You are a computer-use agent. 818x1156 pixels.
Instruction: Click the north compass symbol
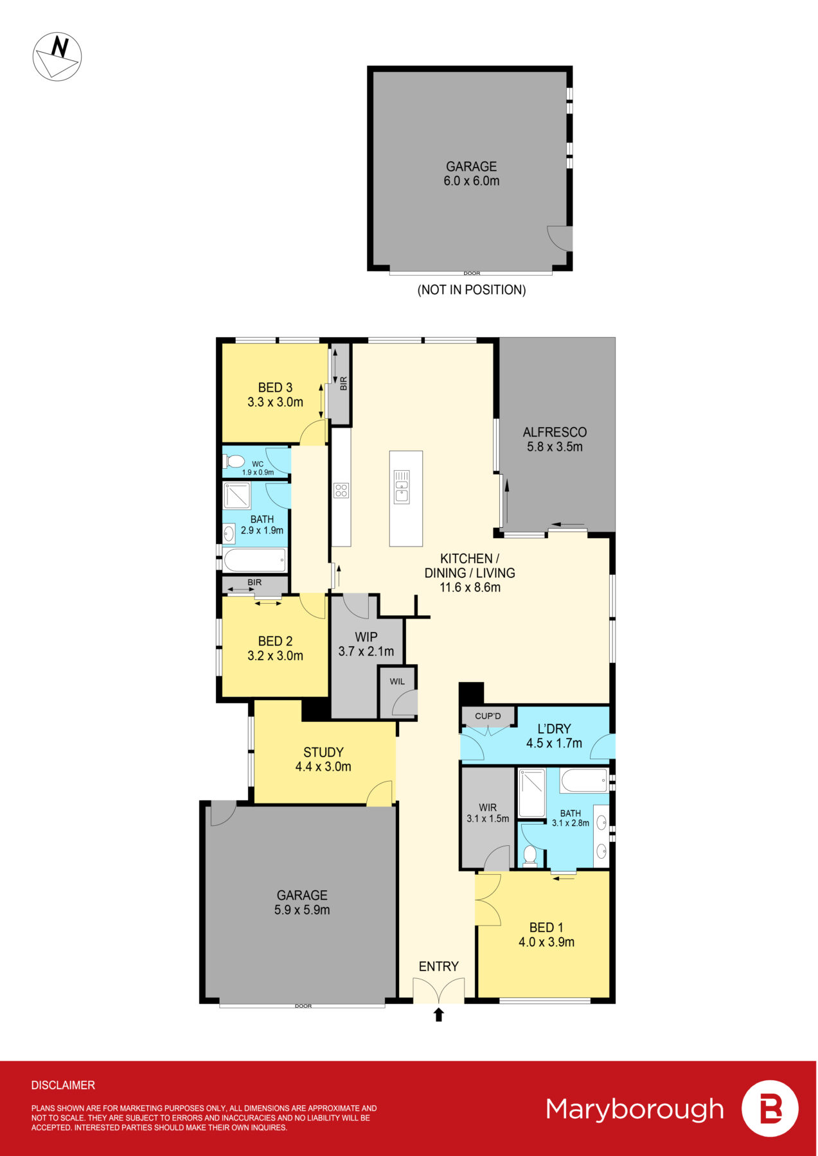point(57,57)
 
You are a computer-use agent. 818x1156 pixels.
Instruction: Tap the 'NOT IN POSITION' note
point(472,290)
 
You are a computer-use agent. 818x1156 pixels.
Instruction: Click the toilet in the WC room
point(235,462)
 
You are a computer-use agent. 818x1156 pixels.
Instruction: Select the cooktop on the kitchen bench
point(341,491)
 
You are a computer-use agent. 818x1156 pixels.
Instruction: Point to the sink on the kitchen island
point(402,486)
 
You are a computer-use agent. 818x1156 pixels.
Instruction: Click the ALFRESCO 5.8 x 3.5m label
point(555,439)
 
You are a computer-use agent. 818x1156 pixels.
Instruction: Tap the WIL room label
point(397,681)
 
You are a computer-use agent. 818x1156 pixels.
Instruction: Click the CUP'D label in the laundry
point(488,715)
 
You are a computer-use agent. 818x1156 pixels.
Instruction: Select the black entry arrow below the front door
point(439,1015)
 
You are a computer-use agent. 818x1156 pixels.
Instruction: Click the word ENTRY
point(439,967)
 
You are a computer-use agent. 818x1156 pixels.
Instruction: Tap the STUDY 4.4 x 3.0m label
point(323,759)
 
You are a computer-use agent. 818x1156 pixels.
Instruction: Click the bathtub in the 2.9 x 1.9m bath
point(255,560)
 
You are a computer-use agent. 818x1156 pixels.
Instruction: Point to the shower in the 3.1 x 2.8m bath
point(532,793)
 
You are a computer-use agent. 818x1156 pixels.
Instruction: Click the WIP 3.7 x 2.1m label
point(366,644)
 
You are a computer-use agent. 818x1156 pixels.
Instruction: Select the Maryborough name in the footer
point(635,1109)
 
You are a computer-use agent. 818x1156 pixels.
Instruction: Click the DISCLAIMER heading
point(63,1085)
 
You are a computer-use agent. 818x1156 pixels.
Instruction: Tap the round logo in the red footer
point(770,1109)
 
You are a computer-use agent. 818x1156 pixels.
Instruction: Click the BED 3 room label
point(275,394)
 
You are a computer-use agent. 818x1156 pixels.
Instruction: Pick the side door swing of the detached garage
point(559,238)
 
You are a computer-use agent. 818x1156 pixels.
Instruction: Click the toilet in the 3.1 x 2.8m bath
point(530,855)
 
